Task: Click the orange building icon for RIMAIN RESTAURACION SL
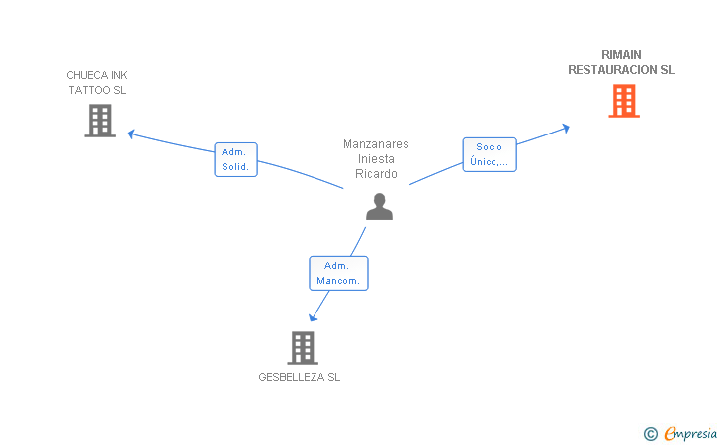pos(624,101)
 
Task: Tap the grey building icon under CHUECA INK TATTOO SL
pos(100,121)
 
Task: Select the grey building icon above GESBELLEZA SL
pos(303,348)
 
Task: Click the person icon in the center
pos(380,207)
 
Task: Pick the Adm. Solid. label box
pos(236,159)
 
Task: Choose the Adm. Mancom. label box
pos(338,273)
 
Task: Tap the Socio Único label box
pos(490,155)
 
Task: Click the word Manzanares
pos(376,144)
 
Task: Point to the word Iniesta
pos(376,159)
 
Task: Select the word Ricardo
pos(376,174)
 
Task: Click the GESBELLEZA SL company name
pos(300,377)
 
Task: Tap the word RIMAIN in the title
pos(621,55)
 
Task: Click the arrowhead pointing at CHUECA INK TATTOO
pos(131,134)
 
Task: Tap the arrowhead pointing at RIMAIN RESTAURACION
pos(566,129)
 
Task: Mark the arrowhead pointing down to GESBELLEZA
pos(313,317)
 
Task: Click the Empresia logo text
pos(690,433)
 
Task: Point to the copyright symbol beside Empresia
pos(651,434)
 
